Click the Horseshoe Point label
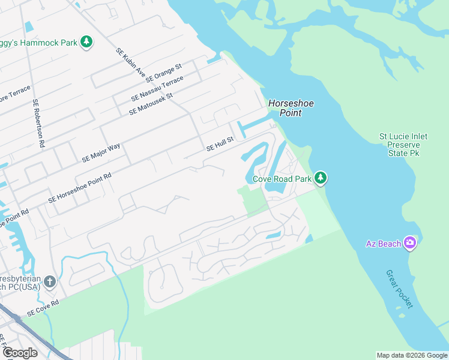point(291,108)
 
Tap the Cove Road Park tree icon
point(321,178)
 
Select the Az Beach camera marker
point(411,242)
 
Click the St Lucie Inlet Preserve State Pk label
point(403,145)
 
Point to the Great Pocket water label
point(399,289)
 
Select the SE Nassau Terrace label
point(157,89)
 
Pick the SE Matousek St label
point(151,104)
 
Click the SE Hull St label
point(219,143)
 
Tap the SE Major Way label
point(101,153)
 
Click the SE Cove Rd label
point(43,308)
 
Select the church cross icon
point(50,281)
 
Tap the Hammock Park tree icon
point(87,42)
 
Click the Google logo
point(19,352)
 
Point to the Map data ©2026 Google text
point(412,355)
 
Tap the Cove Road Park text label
point(282,179)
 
